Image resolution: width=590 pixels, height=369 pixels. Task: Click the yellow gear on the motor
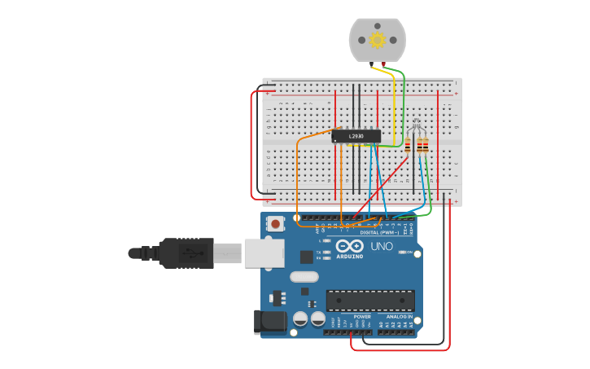[x=377, y=39]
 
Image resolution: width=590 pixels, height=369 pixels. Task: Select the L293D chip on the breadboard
[x=356, y=136]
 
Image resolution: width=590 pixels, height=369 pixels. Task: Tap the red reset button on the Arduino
[x=276, y=223]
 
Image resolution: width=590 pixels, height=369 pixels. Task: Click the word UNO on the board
[x=382, y=246]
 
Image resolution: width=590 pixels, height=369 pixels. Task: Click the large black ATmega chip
[x=370, y=300]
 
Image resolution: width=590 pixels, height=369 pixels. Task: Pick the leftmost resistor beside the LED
[x=410, y=147]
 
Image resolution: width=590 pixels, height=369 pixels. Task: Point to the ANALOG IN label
[x=394, y=316]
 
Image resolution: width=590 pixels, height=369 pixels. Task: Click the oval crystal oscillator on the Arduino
[x=304, y=276]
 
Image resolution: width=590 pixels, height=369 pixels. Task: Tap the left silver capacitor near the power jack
[x=299, y=318]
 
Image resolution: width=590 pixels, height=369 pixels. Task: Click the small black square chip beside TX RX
[x=306, y=257]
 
